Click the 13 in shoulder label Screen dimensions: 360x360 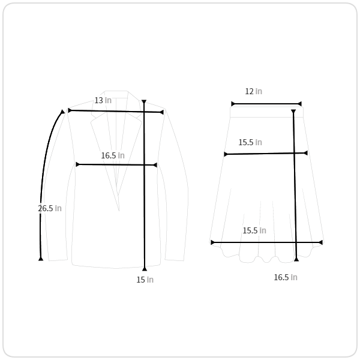[x=103, y=100]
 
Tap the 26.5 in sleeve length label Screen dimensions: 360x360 [x=50, y=208]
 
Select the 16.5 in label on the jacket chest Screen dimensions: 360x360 [x=113, y=155]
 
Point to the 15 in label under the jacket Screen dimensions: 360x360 [x=145, y=280]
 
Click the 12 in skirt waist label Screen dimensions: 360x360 [x=253, y=91]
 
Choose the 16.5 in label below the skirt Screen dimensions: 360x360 [x=286, y=277]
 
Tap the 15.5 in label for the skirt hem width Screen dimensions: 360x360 [x=254, y=230]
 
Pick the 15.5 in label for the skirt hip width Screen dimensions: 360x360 [x=250, y=142]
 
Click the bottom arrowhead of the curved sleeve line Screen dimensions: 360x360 [x=41, y=259]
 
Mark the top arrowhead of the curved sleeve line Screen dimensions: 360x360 [x=62, y=112]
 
